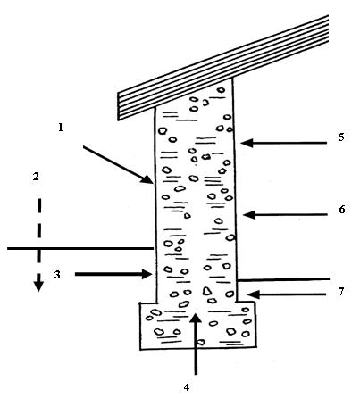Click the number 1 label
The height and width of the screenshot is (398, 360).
[x=61, y=128]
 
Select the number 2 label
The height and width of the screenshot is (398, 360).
[x=36, y=177]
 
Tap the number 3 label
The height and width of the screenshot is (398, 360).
[x=57, y=274]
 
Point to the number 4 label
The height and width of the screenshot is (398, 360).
[x=187, y=387]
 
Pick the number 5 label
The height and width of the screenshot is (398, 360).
[x=341, y=137]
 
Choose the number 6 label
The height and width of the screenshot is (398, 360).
[x=342, y=210]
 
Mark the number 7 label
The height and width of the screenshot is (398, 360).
[x=341, y=292]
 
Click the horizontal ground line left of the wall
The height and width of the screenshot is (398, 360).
[x=80, y=248]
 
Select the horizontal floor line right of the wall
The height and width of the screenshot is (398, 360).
[x=283, y=279]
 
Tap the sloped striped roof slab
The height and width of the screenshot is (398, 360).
[x=222, y=68]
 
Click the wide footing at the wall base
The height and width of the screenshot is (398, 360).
[x=197, y=326]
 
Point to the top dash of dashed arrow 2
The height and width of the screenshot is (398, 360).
[x=39, y=205]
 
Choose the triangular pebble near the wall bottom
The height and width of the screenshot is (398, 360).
[x=206, y=291]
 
